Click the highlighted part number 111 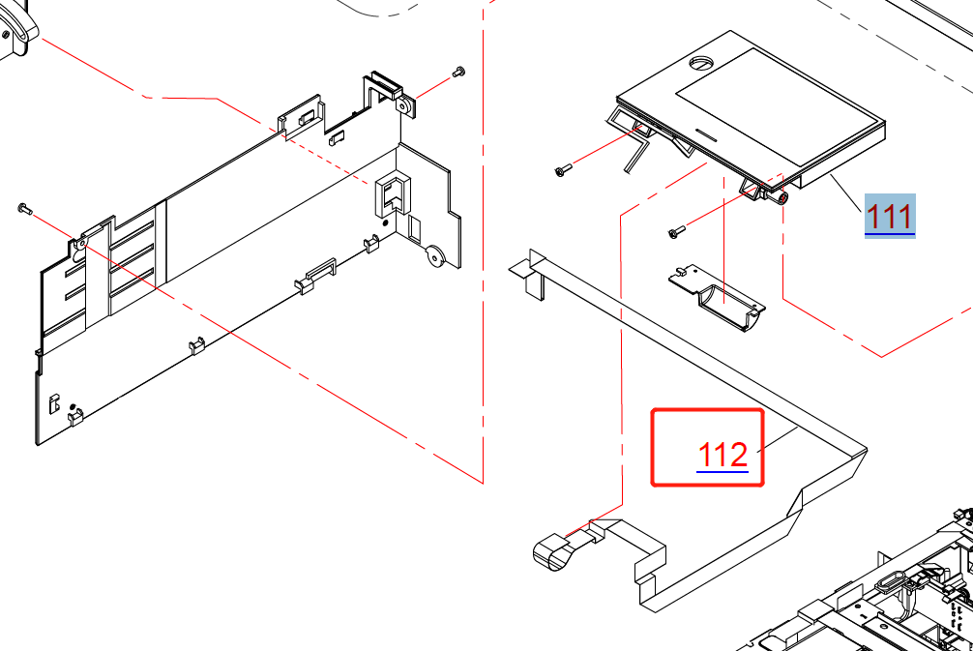(890, 217)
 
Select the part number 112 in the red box (722, 455)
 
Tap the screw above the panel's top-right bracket (458, 72)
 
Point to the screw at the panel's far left (25, 209)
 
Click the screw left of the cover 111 (563, 169)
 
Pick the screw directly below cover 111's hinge (676, 231)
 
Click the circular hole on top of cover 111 (702, 63)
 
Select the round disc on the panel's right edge (435, 255)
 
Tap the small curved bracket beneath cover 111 (718, 298)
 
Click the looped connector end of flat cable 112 (550, 551)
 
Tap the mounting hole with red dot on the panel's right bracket (404, 105)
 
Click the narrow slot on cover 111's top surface (707, 133)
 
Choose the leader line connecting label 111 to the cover (847, 193)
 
